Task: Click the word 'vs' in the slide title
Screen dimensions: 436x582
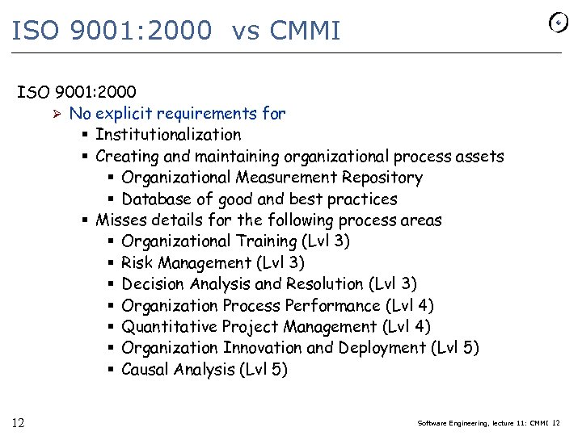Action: click(247, 31)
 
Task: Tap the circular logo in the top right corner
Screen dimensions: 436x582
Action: click(559, 23)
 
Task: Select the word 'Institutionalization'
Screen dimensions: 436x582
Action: click(168, 135)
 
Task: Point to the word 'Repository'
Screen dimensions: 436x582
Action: click(382, 178)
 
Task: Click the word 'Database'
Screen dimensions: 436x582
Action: click(155, 199)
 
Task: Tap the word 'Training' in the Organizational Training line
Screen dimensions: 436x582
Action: click(267, 241)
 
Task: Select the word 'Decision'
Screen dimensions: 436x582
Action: click(154, 284)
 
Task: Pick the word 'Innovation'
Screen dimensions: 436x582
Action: click(263, 348)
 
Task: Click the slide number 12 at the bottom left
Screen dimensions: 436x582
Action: click(18, 422)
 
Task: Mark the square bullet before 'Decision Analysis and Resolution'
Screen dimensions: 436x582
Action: click(111, 284)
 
